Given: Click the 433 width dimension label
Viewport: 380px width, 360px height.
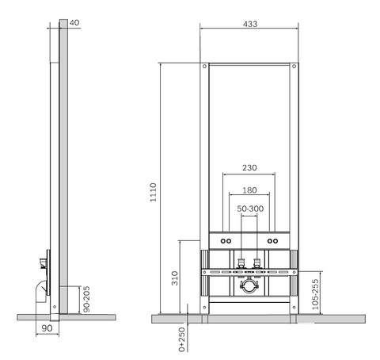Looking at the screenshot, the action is click(250, 24).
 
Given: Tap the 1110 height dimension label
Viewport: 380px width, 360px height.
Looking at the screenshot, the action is click(154, 193).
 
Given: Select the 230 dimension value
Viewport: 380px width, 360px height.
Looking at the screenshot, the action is click(249, 167).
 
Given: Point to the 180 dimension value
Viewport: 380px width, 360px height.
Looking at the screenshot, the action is click(249, 190).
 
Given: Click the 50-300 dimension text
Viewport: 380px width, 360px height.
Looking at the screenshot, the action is click(250, 209).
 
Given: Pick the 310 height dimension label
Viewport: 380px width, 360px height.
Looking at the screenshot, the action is click(175, 278).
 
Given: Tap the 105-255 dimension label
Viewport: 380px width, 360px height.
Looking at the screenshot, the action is click(315, 294).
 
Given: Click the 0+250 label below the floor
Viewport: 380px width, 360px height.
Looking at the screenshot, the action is click(182, 339).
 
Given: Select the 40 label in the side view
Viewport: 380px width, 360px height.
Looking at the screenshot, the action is click(74, 23).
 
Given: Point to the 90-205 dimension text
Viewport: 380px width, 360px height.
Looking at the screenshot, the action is click(86, 299).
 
